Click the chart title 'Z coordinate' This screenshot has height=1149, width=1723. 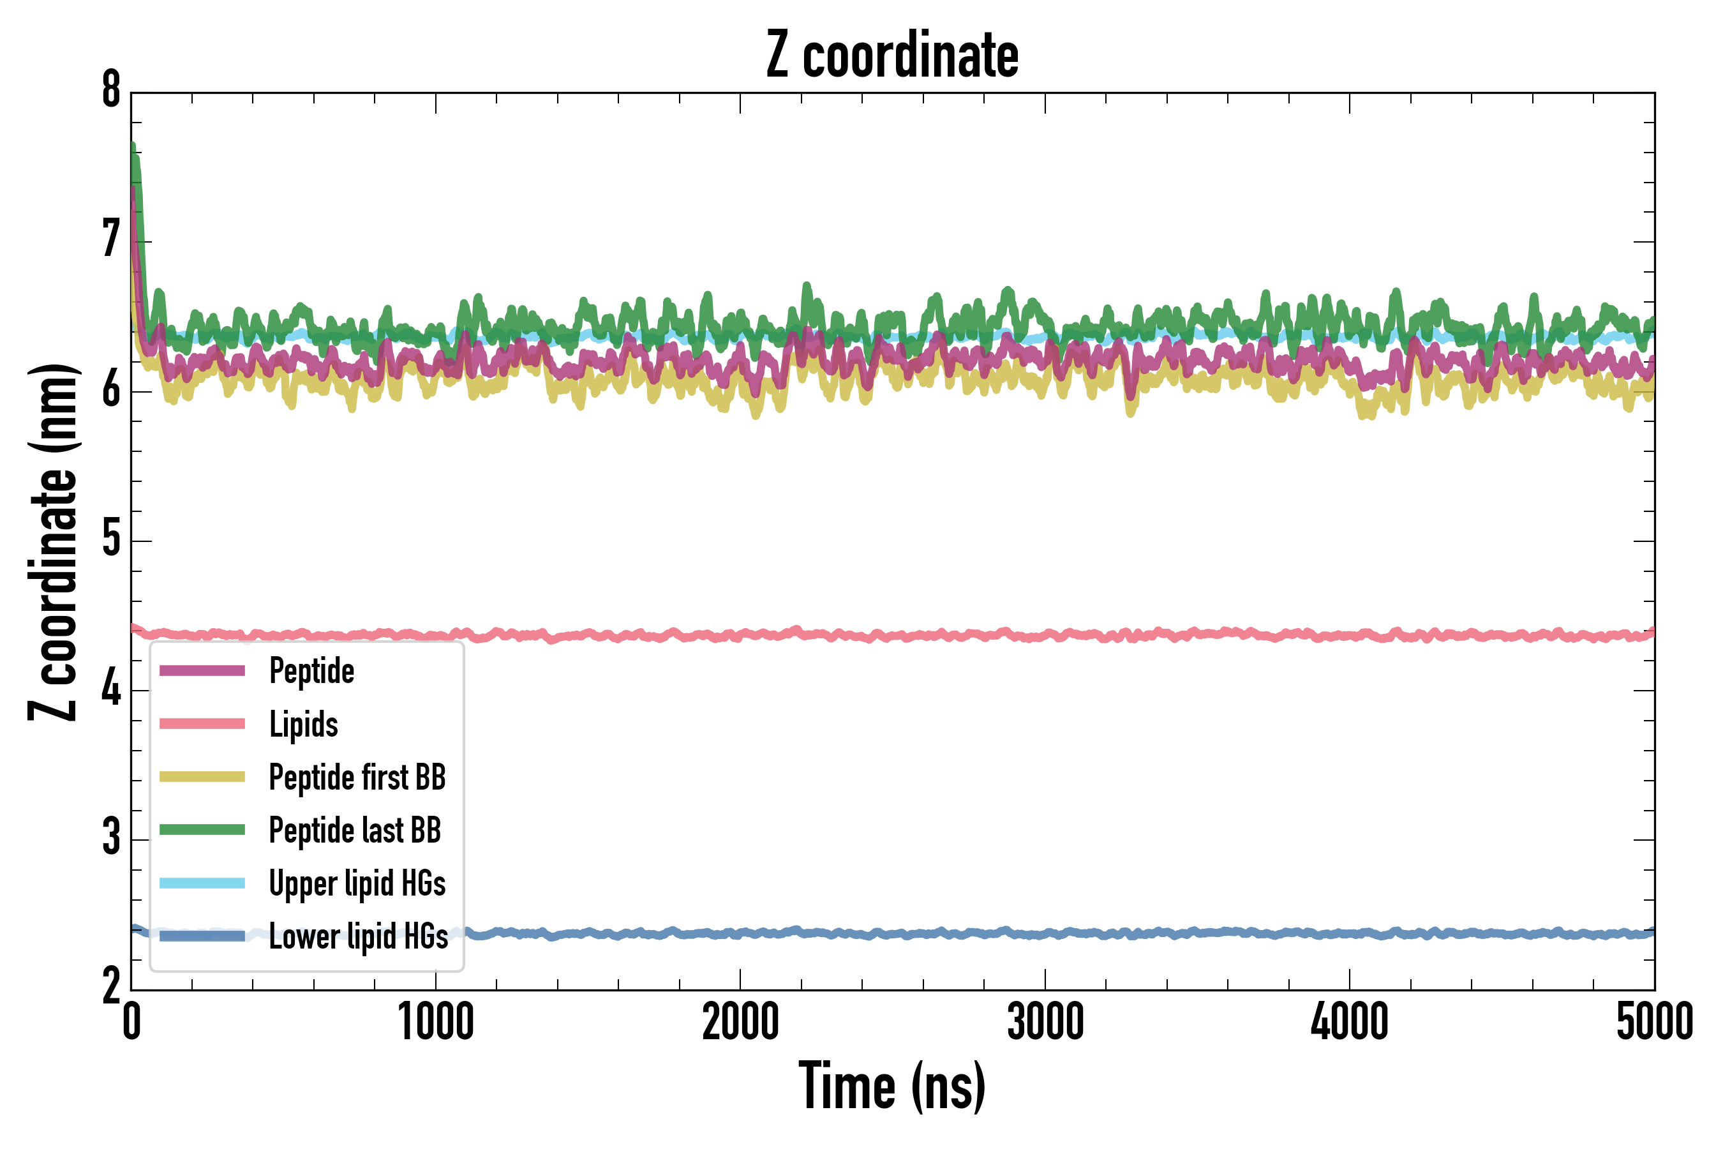891,56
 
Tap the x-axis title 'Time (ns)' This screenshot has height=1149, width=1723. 891,1086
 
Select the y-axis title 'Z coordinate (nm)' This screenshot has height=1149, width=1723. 53,542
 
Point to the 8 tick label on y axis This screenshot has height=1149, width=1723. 111,91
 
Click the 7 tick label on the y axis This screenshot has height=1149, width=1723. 111,241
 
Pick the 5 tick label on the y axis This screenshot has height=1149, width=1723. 111,540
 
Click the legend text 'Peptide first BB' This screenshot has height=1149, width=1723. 357,777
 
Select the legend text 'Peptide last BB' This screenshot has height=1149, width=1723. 355,830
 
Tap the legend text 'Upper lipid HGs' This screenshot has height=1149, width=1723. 357,883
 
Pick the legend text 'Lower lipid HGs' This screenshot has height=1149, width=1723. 358,936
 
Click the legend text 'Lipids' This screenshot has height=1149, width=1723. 303,724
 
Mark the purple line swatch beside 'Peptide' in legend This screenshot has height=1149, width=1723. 202,670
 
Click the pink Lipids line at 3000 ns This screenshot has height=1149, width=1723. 1045,635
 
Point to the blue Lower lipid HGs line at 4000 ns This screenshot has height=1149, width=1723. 1350,933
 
